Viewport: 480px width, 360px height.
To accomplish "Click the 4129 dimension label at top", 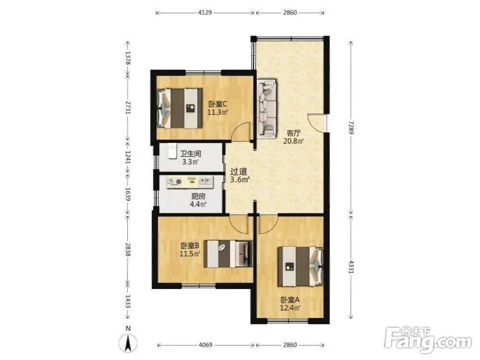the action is click(x=205, y=12).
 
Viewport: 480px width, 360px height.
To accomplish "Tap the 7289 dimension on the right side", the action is click(x=351, y=127).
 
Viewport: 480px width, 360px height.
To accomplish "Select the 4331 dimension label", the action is click(x=351, y=266).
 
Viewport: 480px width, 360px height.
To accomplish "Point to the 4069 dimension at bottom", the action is click(x=205, y=345).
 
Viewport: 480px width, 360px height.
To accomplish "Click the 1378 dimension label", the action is click(x=128, y=58).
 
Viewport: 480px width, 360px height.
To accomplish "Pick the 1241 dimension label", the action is click(x=128, y=157).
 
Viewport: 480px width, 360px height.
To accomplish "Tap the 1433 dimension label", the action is click(x=128, y=302).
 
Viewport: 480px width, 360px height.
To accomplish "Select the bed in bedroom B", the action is click(x=228, y=254).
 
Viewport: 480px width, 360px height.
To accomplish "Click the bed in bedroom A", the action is click(x=300, y=266).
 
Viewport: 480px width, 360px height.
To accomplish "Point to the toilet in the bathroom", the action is click(x=172, y=151).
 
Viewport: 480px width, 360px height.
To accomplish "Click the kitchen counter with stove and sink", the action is click(x=190, y=182).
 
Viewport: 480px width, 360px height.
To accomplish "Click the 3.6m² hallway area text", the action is click(x=240, y=180).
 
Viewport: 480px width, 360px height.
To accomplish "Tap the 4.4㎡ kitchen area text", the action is click(x=198, y=204).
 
